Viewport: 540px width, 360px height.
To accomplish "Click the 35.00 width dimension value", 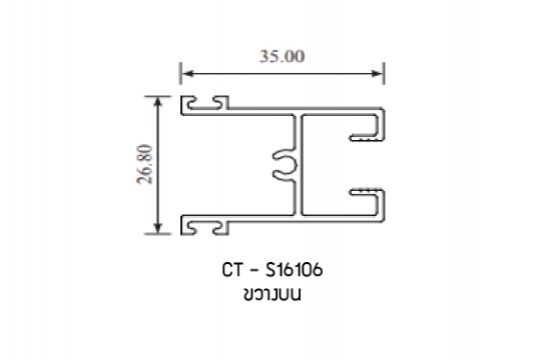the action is coord(282,56).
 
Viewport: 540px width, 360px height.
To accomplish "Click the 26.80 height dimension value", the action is coord(145,164).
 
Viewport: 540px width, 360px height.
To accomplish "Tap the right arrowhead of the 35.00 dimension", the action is coord(376,73).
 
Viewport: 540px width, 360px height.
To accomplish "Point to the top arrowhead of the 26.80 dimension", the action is coord(158,103).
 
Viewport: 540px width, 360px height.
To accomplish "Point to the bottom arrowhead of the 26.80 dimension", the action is coord(158,228).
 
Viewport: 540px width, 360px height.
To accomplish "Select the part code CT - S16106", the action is coord(272,270).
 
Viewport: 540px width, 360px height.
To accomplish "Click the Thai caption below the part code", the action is coord(272,295).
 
